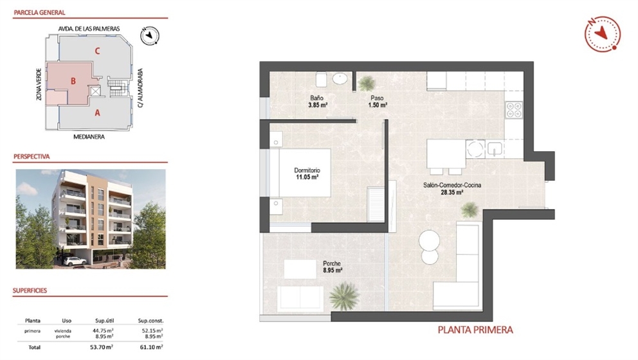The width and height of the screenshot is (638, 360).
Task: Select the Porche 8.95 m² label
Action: [x=332, y=266]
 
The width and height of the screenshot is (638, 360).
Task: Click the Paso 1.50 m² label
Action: [x=377, y=102]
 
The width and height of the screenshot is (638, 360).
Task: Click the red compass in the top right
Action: [x=602, y=33]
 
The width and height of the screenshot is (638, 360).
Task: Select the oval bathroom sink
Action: [x=341, y=79]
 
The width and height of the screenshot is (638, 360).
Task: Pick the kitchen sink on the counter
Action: [x=495, y=149]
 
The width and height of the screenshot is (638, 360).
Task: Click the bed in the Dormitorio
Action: [x=301, y=172]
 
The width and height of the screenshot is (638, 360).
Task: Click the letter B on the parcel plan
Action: [x=74, y=81]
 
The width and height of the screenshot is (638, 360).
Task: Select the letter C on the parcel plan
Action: [x=96, y=50]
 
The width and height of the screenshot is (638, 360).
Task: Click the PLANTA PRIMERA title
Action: [x=475, y=330]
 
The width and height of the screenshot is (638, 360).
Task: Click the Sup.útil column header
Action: [x=104, y=320]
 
